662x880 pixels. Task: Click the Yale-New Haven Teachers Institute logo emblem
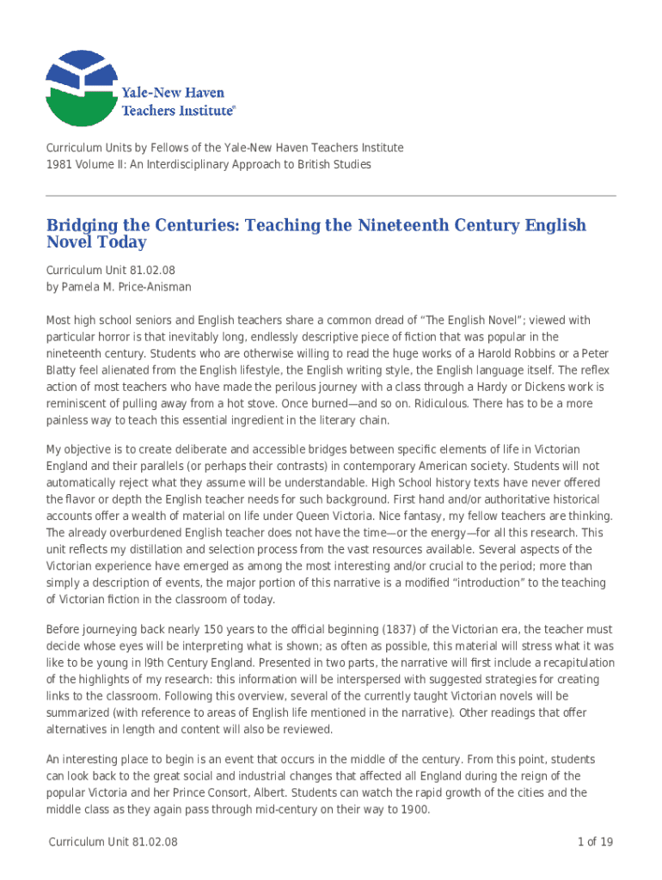[81, 89]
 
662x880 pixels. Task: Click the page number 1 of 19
[595, 842]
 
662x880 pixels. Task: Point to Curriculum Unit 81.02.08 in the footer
[113, 842]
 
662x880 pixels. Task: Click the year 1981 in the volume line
[58, 163]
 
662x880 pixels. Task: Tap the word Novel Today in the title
[96, 243]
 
